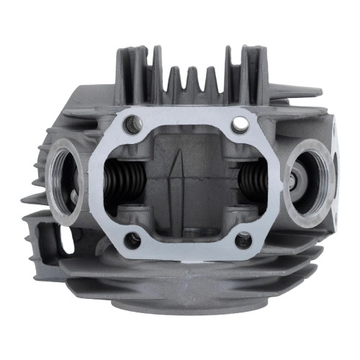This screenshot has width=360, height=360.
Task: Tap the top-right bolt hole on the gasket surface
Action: coord(237,125)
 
